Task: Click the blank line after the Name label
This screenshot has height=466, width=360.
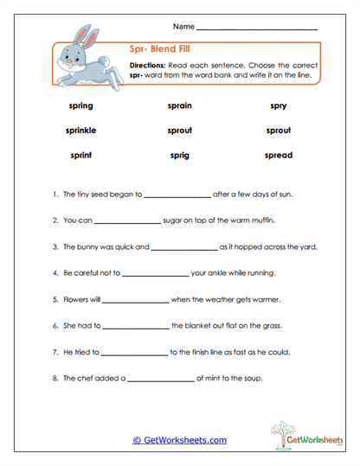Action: click(x=257, y=29)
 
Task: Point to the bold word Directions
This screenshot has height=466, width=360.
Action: click(x=148, y=66)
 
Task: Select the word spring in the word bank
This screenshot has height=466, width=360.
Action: click(x=80, y=105)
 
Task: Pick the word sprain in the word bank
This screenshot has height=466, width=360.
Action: click(x=179, y=105)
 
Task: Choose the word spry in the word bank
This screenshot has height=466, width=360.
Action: click(x=279, y=105)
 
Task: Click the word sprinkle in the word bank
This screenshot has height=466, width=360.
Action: click(x=80, y=131)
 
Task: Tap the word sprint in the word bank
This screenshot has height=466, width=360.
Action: click(x=80, y=156)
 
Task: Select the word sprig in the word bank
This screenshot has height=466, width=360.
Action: click(x=179, y=156)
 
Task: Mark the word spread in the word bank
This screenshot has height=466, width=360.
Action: click(x=279, y=156)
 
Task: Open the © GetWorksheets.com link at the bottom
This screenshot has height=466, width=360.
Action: click(x=179, y=440)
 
